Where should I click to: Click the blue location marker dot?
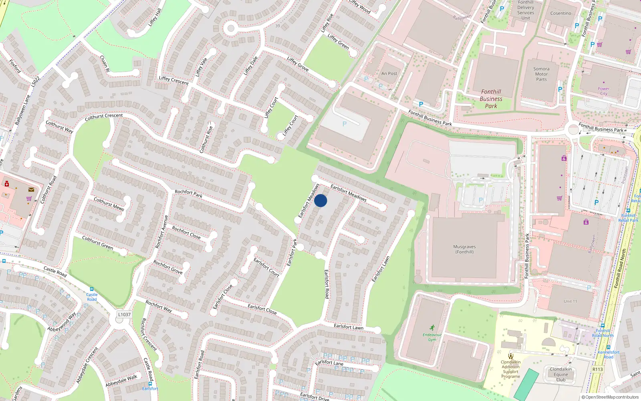[320, 200]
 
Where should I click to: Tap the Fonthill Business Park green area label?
[491, 99]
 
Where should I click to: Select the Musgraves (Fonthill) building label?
[464, 249]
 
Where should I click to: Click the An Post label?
[389, 74]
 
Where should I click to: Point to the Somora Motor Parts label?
[541, 74]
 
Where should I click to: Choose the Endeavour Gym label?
[432, 337]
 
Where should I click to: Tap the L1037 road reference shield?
[124, 315]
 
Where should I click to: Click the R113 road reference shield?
[597, 369]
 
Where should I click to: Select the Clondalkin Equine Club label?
[560, 375]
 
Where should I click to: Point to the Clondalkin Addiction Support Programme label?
[510, 369]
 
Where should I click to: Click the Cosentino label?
[560, 13]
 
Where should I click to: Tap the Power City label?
[603, 91]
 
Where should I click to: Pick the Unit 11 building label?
[570, 302]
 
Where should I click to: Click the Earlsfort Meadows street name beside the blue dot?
[348, 193]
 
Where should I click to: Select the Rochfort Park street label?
[188, 194]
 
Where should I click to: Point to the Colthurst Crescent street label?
[104, 117]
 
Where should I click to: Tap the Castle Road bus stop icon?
[92, 289]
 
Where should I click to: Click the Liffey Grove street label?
[298, 64]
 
